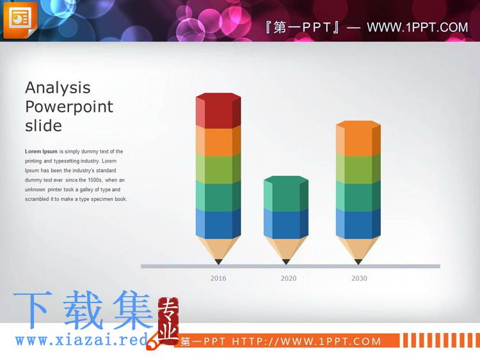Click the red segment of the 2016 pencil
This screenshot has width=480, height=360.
coord(218,111)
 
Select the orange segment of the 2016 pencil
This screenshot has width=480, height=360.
coord(218,141)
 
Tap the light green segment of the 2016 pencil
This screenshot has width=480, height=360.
coord(218,169)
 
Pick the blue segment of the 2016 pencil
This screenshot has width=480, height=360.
coord(218,224)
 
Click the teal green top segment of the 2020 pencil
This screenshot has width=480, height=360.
coord(286,193)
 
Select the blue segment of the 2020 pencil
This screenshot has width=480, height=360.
coord(286,224)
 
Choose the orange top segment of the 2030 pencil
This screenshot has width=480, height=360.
coord(358,138)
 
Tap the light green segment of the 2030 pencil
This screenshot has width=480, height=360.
coord(358,169)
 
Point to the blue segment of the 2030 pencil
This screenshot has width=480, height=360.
coord(358,224)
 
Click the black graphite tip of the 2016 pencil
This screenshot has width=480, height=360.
coord(218,262)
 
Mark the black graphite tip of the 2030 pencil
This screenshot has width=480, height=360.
coord(358,262)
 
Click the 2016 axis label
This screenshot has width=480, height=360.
coord(218,278)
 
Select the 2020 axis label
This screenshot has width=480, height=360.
coord(289,278)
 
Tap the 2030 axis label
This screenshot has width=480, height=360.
coord(359,278)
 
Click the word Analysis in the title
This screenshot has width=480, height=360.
coord(58,88)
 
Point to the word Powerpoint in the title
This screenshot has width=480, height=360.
coord(69,107)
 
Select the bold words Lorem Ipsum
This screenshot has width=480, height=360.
coord(41,152)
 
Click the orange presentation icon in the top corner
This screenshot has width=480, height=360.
coord(20,20)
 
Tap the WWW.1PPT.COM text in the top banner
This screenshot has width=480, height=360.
coord(417,27)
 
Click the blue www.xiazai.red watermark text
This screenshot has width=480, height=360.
coord(82,340)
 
